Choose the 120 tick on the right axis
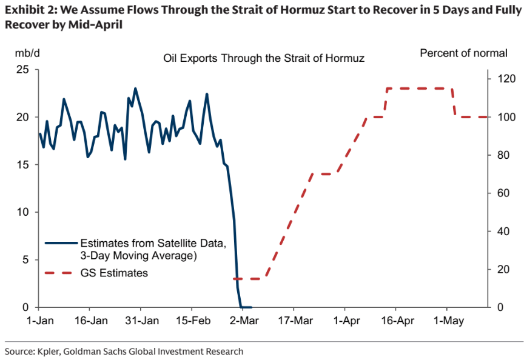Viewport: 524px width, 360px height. click(506, 79)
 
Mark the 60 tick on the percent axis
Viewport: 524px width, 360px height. click(503, 193)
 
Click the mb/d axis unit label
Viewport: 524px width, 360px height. click(27, 53)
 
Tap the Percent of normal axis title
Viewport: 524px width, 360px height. click(463, 53)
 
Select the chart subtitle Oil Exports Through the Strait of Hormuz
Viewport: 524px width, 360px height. click(263, 58)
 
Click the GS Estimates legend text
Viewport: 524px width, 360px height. click(114, 273)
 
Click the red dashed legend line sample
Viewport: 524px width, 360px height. click(61, 273)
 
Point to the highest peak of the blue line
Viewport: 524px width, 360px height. click(135, 88)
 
